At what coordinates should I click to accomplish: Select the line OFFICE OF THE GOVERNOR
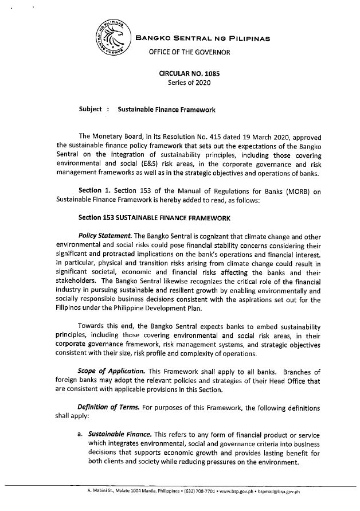(x=189, y=53)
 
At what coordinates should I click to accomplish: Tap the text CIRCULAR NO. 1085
(x=189, y=73)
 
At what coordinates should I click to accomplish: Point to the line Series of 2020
(x=189, y=84)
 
